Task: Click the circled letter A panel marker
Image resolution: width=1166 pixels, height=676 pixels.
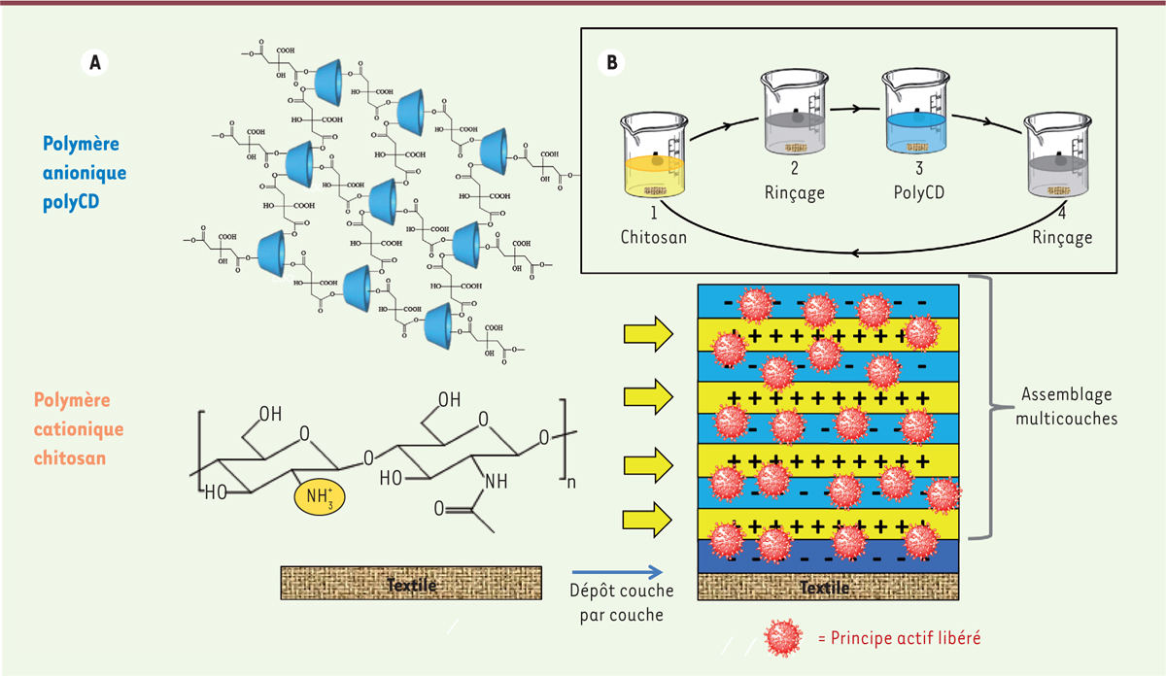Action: click(x=94, y=61)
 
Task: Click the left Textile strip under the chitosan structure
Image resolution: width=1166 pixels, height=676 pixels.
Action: click(x=411, y=585)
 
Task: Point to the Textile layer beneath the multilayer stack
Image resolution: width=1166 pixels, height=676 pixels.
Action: click(x=829, y=588)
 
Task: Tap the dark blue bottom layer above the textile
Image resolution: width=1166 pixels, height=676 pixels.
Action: click(x=829, y=557)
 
